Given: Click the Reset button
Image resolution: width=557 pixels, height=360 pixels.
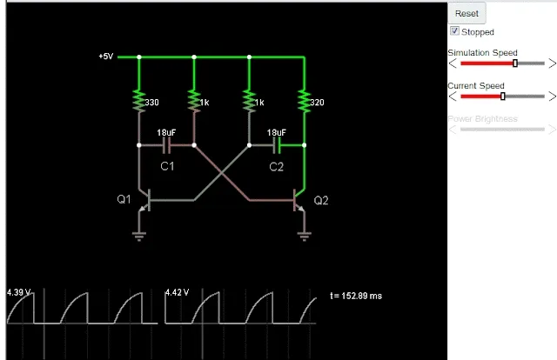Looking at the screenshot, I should (466, 13).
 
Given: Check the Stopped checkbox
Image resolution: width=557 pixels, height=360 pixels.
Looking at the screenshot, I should (454, 31).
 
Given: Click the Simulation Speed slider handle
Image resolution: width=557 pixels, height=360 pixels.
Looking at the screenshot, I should (515, 63).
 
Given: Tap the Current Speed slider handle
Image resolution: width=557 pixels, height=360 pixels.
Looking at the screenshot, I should (502, 96).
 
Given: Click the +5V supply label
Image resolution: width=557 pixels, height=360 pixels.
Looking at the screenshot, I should (105, 57).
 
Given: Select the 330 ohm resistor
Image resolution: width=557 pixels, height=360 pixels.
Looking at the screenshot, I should (138, 102).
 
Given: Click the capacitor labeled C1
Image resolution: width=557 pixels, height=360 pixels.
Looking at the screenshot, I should (165, 144).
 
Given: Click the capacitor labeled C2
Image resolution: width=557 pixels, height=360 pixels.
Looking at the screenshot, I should (277, 144).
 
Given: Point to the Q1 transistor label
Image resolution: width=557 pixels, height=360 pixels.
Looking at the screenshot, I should (124, 199).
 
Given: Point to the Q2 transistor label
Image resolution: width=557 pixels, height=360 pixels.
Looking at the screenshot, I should (321, 200).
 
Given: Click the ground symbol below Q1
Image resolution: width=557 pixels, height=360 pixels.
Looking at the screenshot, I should (138, 234).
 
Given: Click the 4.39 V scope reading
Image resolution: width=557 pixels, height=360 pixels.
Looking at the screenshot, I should (18, 293).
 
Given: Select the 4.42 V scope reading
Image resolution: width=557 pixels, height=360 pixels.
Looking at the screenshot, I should (177, 293).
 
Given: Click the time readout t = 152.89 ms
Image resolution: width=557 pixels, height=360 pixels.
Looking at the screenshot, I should (356, 297).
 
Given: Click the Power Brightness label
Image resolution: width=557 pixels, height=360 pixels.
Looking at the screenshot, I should (482, 118).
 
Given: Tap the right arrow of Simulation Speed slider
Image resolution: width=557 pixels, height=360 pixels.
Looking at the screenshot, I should (551, 63).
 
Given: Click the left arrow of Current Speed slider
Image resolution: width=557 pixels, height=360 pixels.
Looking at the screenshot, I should (453, 96).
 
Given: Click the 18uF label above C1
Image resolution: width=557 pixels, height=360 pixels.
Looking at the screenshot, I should (166, 132).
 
